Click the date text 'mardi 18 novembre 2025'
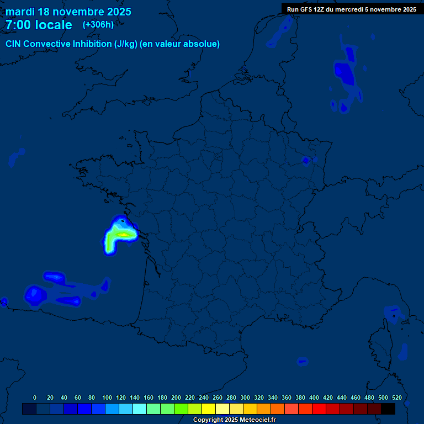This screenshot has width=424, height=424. coord(68,12)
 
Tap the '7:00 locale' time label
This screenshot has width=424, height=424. coord(39,25)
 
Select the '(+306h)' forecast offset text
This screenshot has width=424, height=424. coord(98,24)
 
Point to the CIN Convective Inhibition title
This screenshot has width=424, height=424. coord(113,44)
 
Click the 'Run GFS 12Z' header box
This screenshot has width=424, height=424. coord(351,9)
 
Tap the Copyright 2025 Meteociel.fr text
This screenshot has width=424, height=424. coord(234,420)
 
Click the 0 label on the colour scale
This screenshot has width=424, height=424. coord(35,397)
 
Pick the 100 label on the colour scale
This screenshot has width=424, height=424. coord(107,397)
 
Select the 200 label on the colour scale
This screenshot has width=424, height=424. coord(176,397)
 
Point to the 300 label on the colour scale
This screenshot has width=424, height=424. coord(245,397)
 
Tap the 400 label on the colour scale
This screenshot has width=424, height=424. coord(314,397)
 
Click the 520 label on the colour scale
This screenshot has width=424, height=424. coord(396,397)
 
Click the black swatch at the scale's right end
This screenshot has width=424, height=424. coord(388,409)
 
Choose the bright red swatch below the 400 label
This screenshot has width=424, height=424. coord(319,409)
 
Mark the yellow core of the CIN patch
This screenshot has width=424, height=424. coord(124,235)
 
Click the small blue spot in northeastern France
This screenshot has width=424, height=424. coord(305,161)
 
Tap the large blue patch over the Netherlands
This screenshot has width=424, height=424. coord(344,73)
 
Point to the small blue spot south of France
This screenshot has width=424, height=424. coord(301,362)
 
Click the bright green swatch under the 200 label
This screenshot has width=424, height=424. coord(181,409)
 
